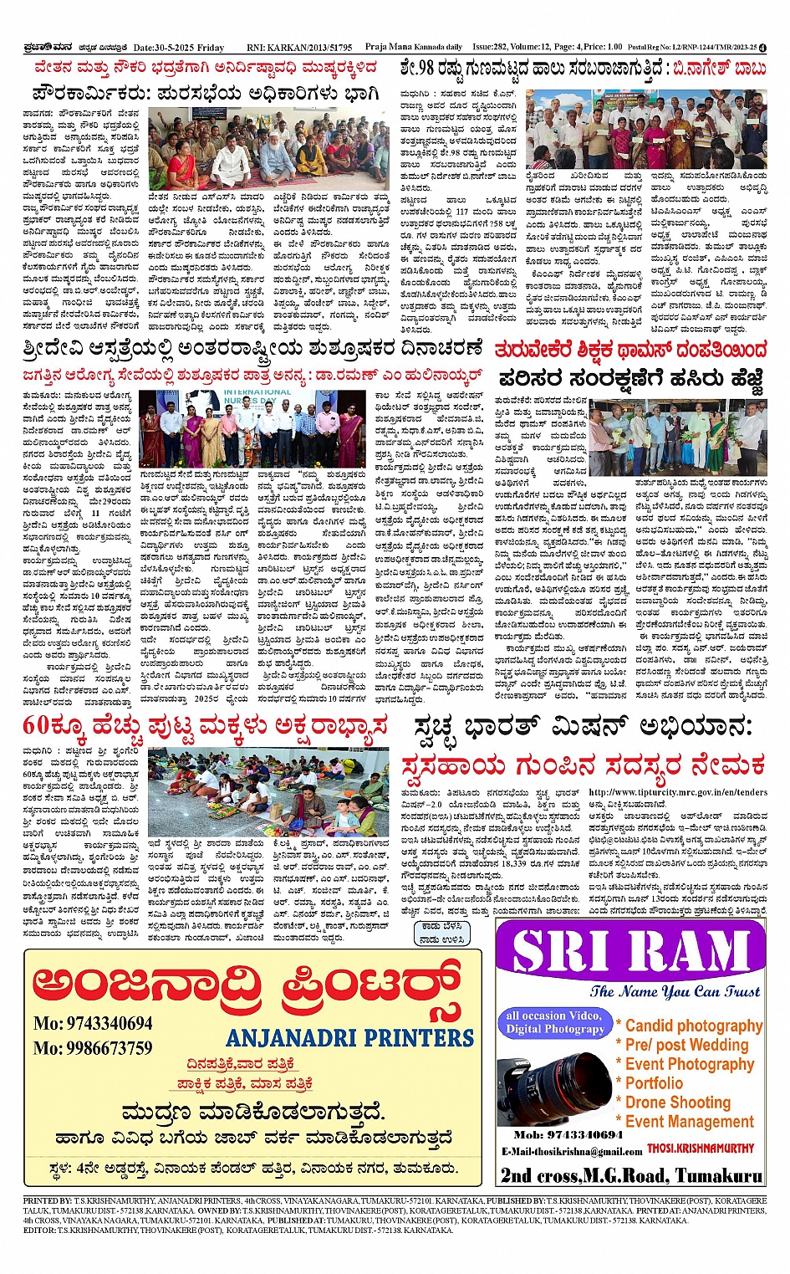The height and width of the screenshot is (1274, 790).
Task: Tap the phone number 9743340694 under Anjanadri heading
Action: pyautogui.click(x=93, y=1023)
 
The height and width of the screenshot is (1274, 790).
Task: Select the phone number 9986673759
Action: pyautogui.click(x=93, y=1048)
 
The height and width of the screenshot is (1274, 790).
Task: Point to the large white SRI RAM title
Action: pyautogui.click(x=630, y=951)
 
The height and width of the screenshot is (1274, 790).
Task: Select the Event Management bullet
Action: pyautogui.click(x=689, y=1122)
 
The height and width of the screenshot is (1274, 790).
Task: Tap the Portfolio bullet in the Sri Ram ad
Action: pyautogui.click(x=654, y=1083)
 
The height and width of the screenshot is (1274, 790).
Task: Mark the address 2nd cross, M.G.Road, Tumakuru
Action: pyautogui.click(x=631, y=1175)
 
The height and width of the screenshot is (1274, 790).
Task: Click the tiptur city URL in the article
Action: pyautogui.click(x=677, y=792)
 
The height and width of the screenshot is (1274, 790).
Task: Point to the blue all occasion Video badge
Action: pyautogui.click(x=553, y=1021)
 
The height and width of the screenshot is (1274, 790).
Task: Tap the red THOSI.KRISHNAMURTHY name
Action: pyautogui.click(x=701, y=1149)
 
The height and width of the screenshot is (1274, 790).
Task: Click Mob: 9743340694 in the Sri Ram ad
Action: pyautogui.click(x=568, y=1135)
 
